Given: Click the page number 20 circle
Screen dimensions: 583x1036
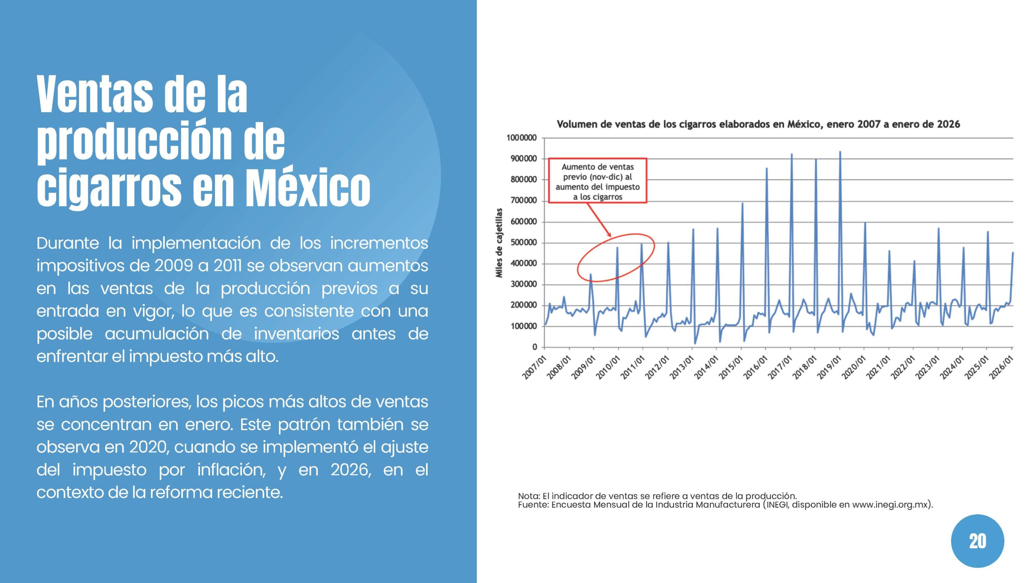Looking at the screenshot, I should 977,541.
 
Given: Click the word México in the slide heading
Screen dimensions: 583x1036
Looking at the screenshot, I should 308,187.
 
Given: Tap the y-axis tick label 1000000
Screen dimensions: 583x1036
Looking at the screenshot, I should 521,138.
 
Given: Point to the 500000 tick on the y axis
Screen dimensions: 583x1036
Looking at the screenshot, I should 523,243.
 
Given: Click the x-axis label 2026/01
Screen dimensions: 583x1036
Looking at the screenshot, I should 1001,368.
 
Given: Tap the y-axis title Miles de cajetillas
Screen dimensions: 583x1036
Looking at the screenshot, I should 499,243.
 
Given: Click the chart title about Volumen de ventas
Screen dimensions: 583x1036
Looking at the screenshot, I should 758,124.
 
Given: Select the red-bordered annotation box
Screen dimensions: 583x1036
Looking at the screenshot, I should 597,181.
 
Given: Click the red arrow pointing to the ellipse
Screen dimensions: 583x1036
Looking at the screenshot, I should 599,220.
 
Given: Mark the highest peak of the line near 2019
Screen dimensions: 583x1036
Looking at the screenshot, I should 840,152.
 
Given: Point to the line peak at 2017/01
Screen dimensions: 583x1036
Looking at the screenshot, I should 792,155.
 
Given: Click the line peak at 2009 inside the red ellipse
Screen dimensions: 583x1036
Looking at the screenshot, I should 590,275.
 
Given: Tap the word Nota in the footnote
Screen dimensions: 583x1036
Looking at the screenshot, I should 529,496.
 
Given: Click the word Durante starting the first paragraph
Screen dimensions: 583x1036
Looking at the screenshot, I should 68,243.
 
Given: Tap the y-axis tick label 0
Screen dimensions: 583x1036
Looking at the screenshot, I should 535,347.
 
